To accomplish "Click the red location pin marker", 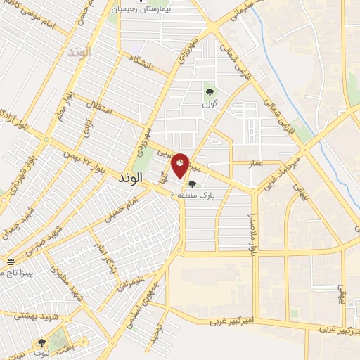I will tap(181, 165).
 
